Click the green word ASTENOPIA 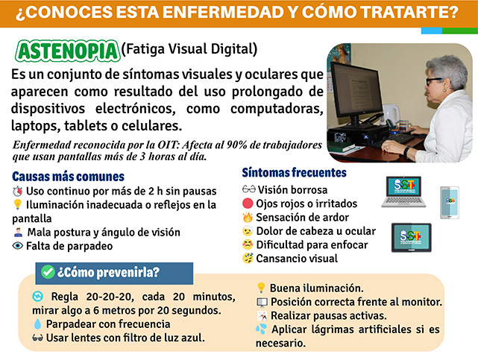click(67, 51)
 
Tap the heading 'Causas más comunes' click(69, 177)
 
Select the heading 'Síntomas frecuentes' click(294, 173)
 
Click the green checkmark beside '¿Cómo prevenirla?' click(48, 271)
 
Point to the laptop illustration click(403, 192)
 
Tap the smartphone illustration click(450, 203)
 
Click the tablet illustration click(411, 238)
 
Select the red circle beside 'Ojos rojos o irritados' click(248, 203)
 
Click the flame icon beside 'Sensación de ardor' click(248, 217)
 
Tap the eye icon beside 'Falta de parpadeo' click(18, 245)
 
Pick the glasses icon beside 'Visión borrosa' click(249, 189)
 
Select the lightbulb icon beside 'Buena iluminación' click(261, 288)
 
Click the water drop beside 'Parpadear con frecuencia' click(37, 323)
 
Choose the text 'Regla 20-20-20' click(92, 297)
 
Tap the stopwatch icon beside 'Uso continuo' click(18, 191)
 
